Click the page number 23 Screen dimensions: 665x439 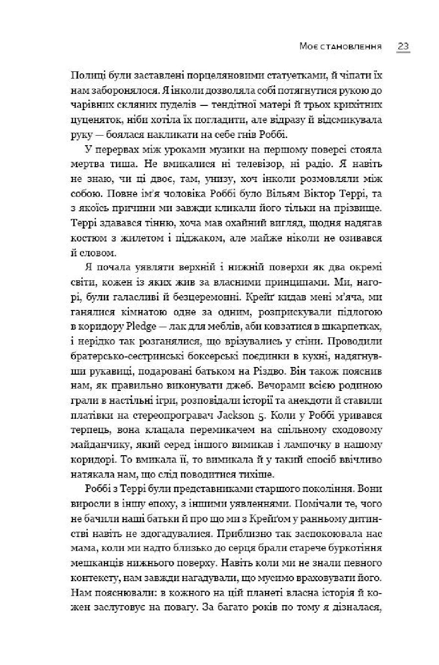(403, 46)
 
